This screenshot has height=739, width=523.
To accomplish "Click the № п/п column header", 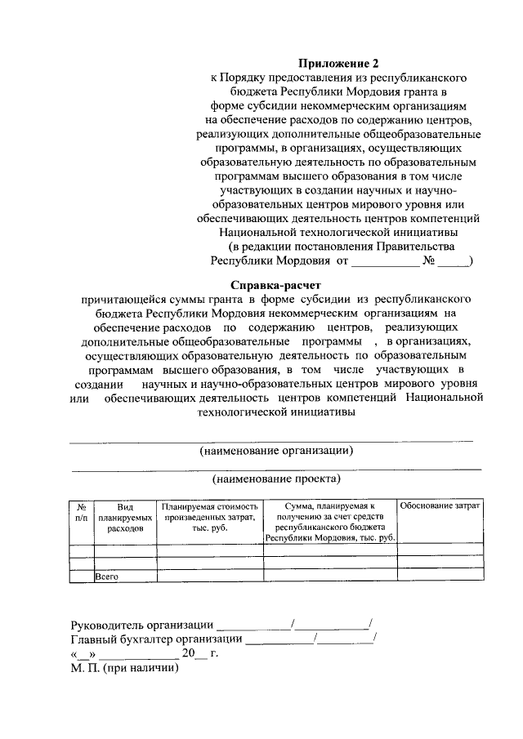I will click(82, 512).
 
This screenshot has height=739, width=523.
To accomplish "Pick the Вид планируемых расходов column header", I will click(125, 518).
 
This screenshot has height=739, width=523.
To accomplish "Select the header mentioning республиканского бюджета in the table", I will click(329, 523).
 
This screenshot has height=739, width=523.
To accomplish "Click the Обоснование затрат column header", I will click(439, 507).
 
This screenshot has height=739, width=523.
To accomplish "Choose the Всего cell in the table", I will click(108, 577).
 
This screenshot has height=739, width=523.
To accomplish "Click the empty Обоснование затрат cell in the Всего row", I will click(439, 577).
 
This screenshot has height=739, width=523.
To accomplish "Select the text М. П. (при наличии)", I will click(123, 667).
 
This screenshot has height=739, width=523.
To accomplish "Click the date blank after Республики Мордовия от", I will click(385, 262).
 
